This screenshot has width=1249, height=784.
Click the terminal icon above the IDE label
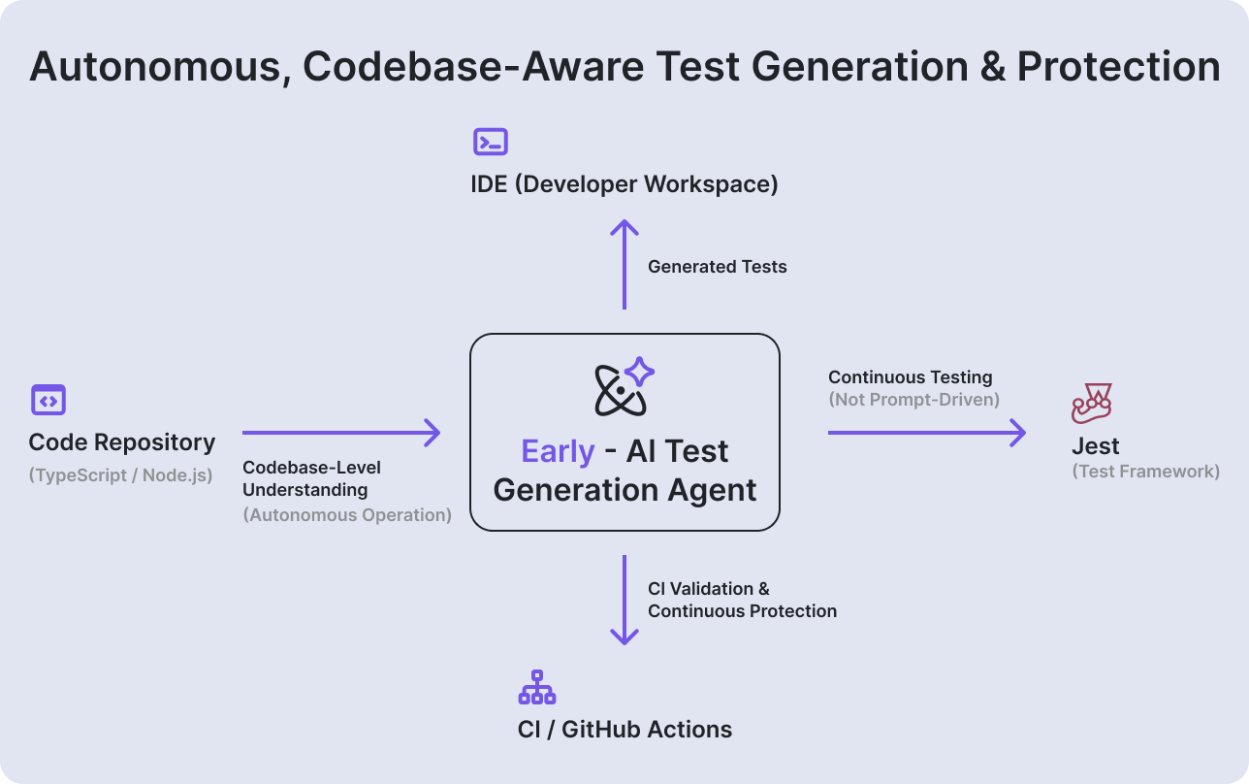[490, 143]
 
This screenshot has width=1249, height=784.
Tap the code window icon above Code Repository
[48, 400]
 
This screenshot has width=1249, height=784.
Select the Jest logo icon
[1092, 404]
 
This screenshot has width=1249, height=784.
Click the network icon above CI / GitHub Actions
[536, 687]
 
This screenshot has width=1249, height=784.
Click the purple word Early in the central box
[558, 451]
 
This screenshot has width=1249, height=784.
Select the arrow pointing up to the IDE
[624, 265]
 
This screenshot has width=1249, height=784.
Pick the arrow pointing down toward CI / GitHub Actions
[624, 600]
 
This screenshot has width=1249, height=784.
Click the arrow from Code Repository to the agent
[341, 433]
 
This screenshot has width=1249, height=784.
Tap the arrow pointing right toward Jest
[926, 433]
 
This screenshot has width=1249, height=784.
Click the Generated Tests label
[717, 267]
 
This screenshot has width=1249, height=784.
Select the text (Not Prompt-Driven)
[913, 399]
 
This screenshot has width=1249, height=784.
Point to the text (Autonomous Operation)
[347, 515]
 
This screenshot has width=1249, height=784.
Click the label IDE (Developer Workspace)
[624, 184]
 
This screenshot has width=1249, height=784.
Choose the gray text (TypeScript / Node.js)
[120, 475]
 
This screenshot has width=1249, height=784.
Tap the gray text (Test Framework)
[1145, 472]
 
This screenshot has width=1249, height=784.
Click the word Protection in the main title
[1118, 67]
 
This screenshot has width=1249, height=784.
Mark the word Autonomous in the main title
[153, 67]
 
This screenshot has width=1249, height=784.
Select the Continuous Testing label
[910, 377]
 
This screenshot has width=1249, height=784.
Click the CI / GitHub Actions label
[624, 730]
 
